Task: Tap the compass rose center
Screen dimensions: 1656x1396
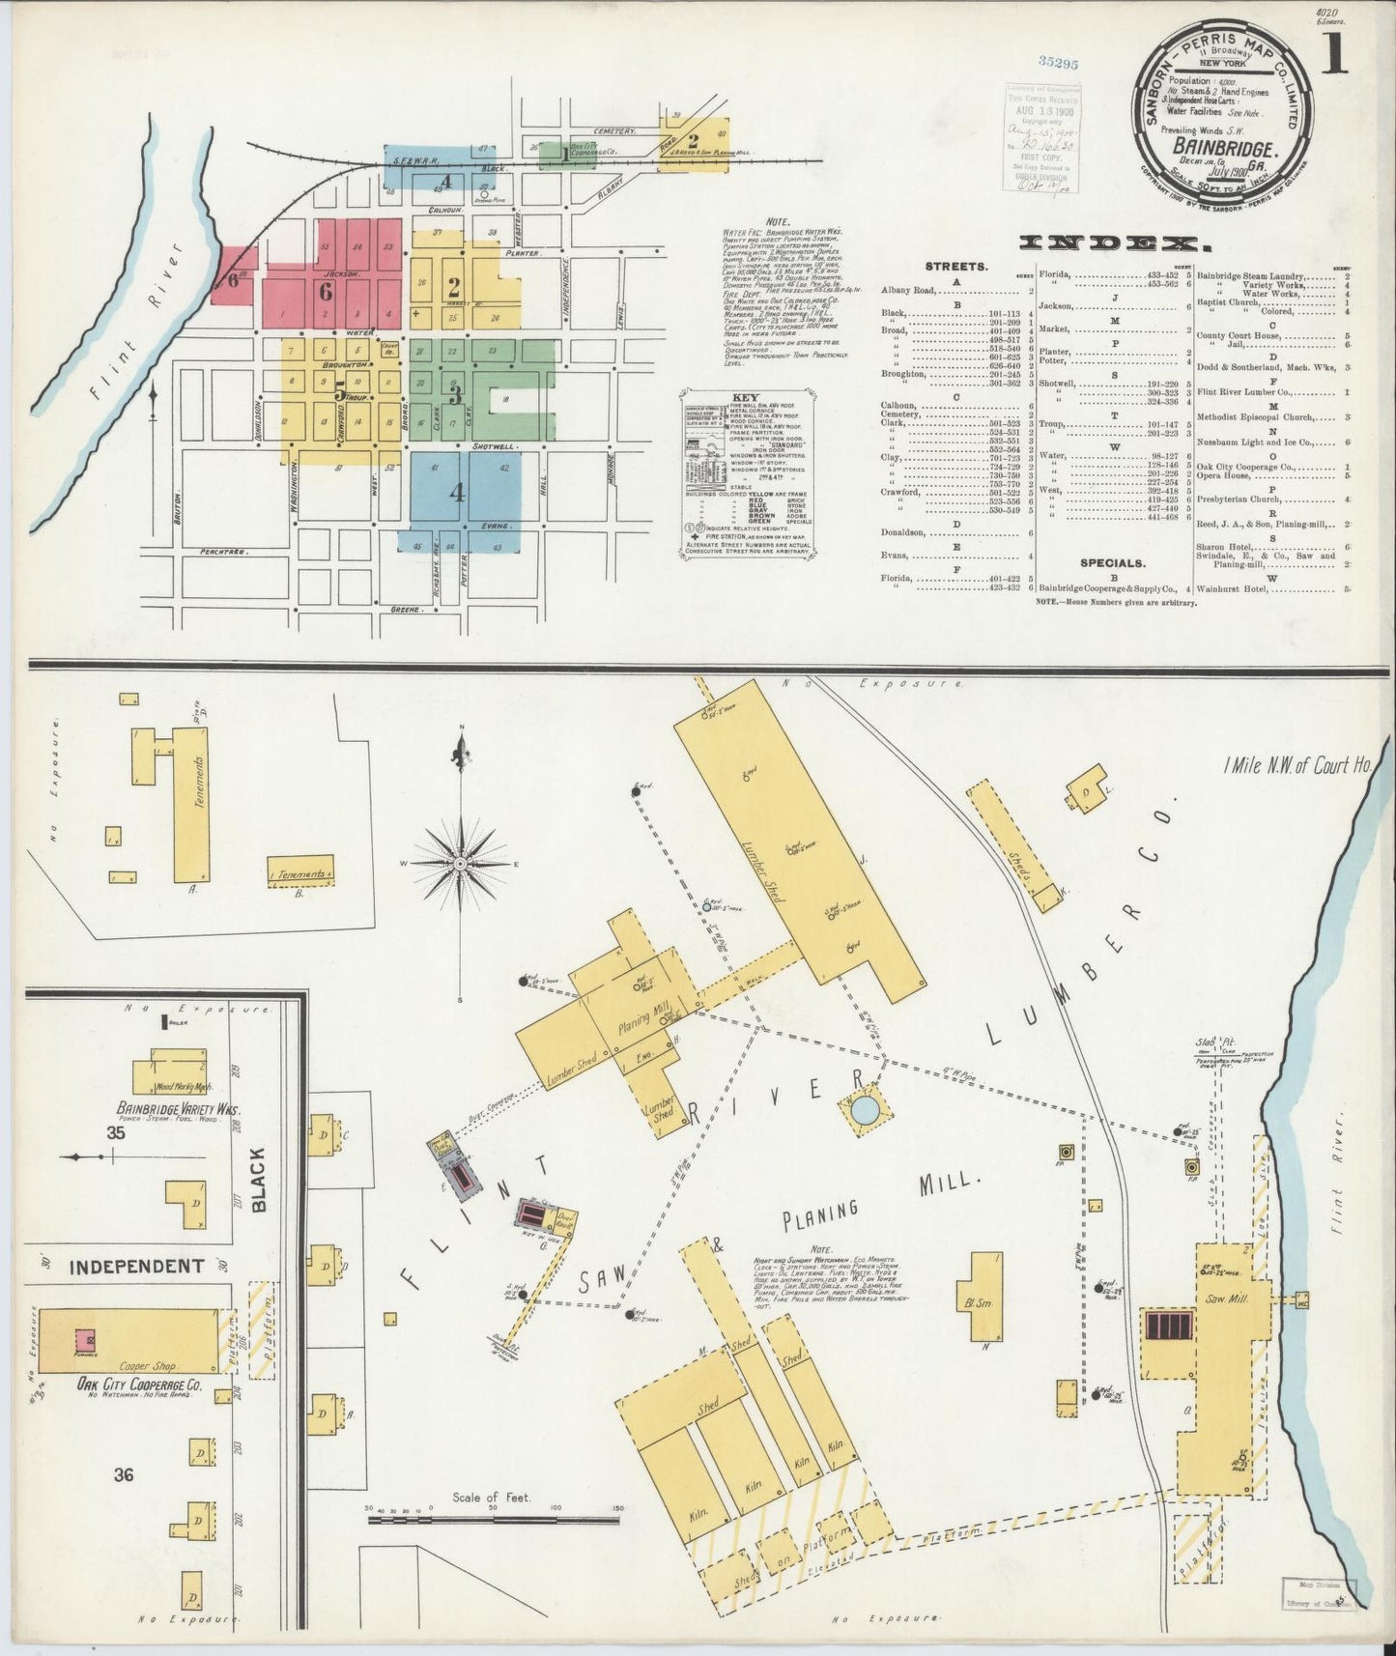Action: pyautogui.click(x=461, y=862)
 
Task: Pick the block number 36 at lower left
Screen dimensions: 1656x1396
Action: pyautogui.click(x=123, y=1474)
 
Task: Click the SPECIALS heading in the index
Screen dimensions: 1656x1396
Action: pyautogui.click(x=1113, y=562)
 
